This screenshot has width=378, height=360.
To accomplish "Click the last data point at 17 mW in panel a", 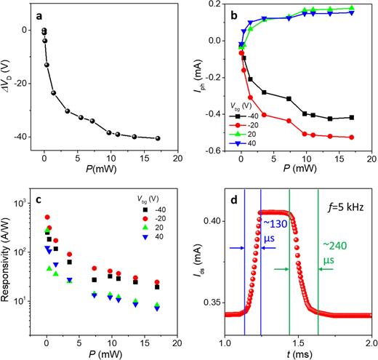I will coord(158,138).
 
